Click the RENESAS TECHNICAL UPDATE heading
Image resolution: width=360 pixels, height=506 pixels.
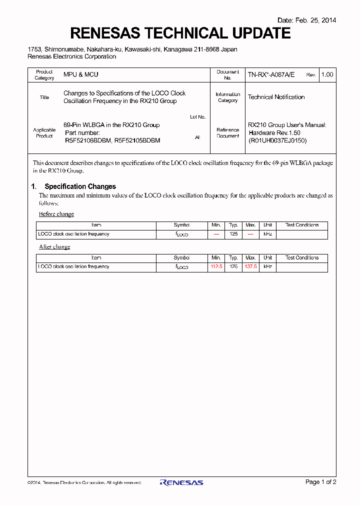(180, 33)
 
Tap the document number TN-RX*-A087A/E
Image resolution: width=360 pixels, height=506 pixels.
(271, 75)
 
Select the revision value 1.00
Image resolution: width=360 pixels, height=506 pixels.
(327, 75)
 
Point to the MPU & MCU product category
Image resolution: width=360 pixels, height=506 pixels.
(81, 74)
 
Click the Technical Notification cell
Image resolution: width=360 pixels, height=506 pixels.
(276, 97)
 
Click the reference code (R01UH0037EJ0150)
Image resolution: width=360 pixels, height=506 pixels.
(277, 140)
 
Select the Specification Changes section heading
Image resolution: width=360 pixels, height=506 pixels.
(80, 186)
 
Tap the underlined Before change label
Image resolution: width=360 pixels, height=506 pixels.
(56, 214)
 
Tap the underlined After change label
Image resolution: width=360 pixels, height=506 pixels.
(54, 247)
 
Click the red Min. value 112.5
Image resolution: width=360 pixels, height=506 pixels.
(216, 267)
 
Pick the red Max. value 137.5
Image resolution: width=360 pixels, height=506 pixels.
(250, 267)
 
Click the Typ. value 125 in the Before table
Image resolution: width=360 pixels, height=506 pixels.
(233, 234)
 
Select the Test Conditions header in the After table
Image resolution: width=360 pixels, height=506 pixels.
(302, 258)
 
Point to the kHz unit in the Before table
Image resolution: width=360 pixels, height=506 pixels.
(268, 234)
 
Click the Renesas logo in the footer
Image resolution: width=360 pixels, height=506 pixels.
(181, 482)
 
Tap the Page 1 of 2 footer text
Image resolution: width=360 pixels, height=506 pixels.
(320, 482)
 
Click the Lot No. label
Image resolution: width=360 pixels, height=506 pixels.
(197, 117)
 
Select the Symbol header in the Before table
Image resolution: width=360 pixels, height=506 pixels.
(181, 225)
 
